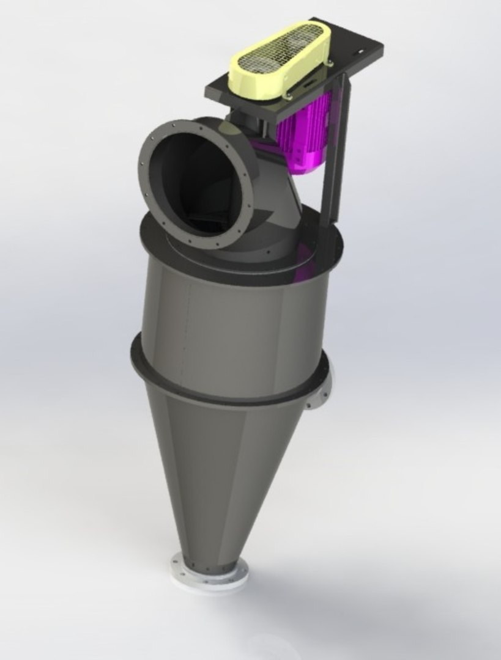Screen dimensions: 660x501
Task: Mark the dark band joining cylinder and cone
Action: [x=226, y=391]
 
